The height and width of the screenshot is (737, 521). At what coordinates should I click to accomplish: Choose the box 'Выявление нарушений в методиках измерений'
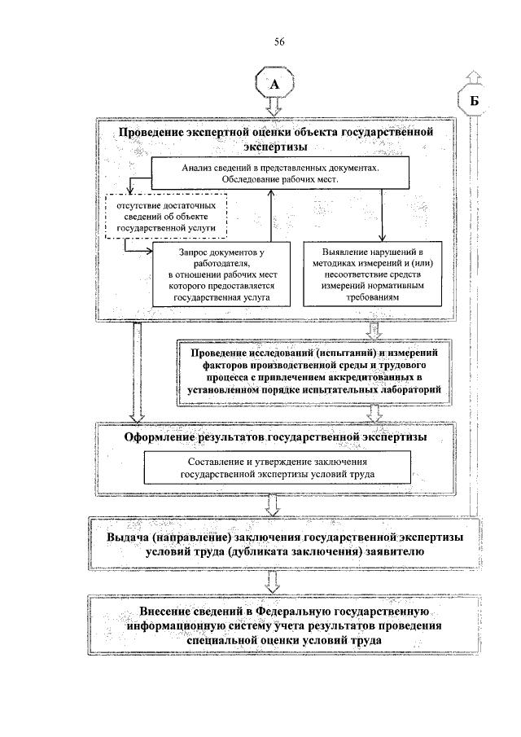[x=374, y=275]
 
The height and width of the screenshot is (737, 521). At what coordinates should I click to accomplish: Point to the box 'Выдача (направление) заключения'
[x=275, y=544]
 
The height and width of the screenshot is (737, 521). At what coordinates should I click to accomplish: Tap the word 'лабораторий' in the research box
[x=414, y=392]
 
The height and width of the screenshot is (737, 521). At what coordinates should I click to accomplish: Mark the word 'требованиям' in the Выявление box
[x=373, y=298]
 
